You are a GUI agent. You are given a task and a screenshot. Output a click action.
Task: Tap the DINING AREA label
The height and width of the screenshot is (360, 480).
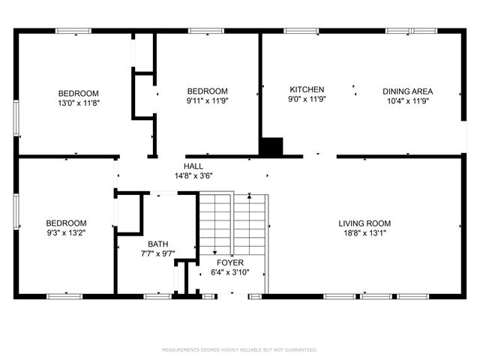tap(407, 91)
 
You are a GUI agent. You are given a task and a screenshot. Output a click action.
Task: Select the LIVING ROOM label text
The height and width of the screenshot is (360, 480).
tap(364, 223)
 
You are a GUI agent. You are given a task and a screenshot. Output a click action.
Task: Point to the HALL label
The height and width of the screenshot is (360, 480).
tap(193, 166)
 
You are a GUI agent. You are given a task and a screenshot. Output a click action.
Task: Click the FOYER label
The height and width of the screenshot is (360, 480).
tap(230, 263)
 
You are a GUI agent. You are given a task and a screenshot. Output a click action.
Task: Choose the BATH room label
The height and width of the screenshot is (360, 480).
tap(157, 244)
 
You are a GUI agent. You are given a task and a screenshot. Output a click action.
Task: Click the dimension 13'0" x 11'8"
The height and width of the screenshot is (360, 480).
tap(78, 102)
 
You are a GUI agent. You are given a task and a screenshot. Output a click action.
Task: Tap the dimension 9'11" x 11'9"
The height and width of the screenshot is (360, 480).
tap(208, 101)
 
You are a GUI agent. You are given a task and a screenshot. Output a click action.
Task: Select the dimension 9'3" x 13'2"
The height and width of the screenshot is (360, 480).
tap(66, 233)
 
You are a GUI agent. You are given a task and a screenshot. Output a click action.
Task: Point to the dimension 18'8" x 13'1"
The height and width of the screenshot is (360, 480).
tap(364, 233)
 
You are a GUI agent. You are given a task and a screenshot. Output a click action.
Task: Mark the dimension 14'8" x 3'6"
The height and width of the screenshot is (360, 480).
tap(194, 176)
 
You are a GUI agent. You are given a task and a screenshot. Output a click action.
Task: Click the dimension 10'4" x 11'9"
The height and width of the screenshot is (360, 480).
tap(407, 101)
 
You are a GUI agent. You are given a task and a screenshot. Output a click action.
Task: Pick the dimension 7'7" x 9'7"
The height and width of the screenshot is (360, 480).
tap(157, 254)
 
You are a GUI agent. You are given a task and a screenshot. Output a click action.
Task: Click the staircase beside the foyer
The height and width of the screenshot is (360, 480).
tap(232, 221)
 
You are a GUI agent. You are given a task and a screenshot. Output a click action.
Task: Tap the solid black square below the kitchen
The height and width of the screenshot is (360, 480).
tap(271, 146)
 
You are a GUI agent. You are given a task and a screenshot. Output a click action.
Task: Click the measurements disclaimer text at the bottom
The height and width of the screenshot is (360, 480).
tap(240, 349)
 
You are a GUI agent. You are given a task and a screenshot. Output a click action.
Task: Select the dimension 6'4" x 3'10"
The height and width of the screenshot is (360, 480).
tap(230, 273)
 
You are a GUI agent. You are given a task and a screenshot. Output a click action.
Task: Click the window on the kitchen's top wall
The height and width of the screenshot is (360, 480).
tap(297, 31)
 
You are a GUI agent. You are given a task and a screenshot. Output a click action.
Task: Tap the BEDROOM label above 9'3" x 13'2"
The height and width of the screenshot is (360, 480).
tap(66, 223)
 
